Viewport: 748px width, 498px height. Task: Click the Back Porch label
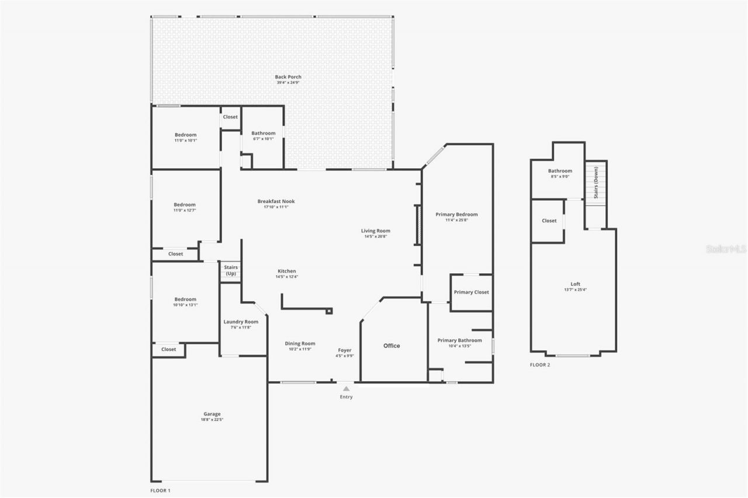(x=288, y=77)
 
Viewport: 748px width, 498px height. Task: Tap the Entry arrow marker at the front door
(x=347, y=388)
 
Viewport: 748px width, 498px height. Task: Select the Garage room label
(x=212, y=414)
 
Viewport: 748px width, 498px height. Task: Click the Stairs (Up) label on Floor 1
(x=231, y=270)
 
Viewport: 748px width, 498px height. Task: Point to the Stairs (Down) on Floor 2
(x=596, y=183)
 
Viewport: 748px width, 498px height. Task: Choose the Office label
(x=392, y=346)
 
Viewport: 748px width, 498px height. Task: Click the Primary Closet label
(x=471, y=292)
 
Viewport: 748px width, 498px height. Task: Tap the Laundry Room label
(x=241, y=322)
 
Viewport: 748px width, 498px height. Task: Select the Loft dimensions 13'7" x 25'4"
(x=576, y=290)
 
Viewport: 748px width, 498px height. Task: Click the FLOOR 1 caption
(x=161, y=490)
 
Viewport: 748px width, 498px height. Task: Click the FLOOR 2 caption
(x=540, y=365)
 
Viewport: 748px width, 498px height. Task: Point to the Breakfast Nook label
(x=276, y=201)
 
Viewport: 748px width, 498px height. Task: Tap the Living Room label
(x=375, y=231)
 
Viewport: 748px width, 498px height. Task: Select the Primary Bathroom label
(x=460, y=340)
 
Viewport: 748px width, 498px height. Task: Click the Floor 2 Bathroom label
(x=560, y=171)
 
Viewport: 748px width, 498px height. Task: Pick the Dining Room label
(x=300, y=343)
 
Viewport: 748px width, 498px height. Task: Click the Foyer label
(x=345, y=350)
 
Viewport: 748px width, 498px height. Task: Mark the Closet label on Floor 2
(x=549, y=221)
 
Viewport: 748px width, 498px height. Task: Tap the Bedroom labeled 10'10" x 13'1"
(x=185, y=299)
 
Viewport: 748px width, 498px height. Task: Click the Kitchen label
(x=286, y=271)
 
